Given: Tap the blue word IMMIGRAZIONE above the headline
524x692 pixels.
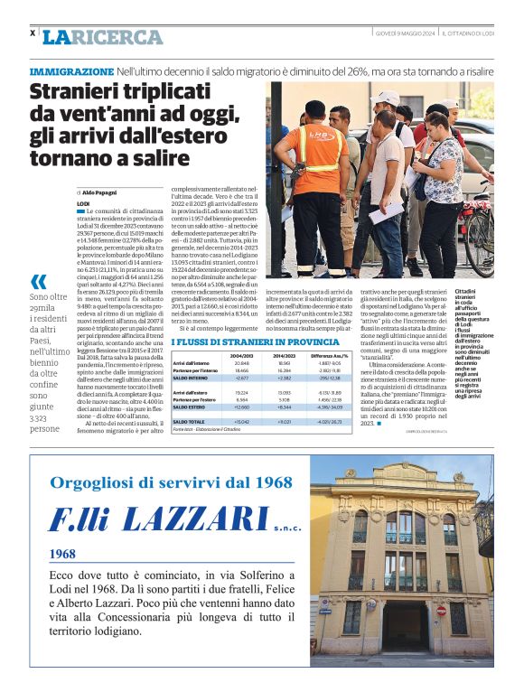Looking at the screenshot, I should pyautogui.click(x=71, y=70).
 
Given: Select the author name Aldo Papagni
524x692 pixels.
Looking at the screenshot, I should pyautogui.click(x=104, y=193).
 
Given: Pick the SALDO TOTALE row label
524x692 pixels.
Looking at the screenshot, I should pyautogui.click(x=191, y=422).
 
